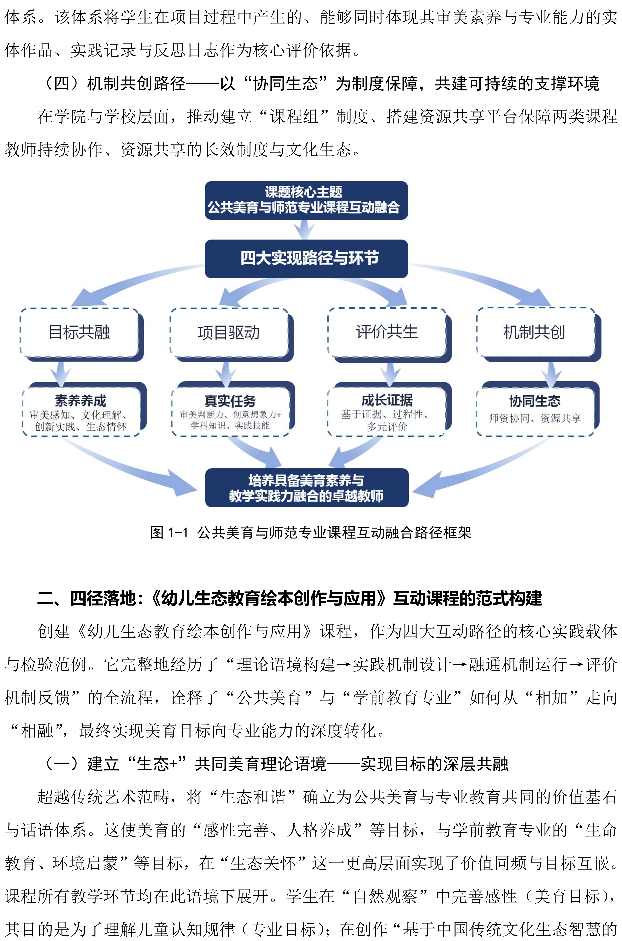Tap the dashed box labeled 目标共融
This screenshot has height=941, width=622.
click(79, 332)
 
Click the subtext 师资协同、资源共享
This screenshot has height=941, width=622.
click(535, 418)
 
